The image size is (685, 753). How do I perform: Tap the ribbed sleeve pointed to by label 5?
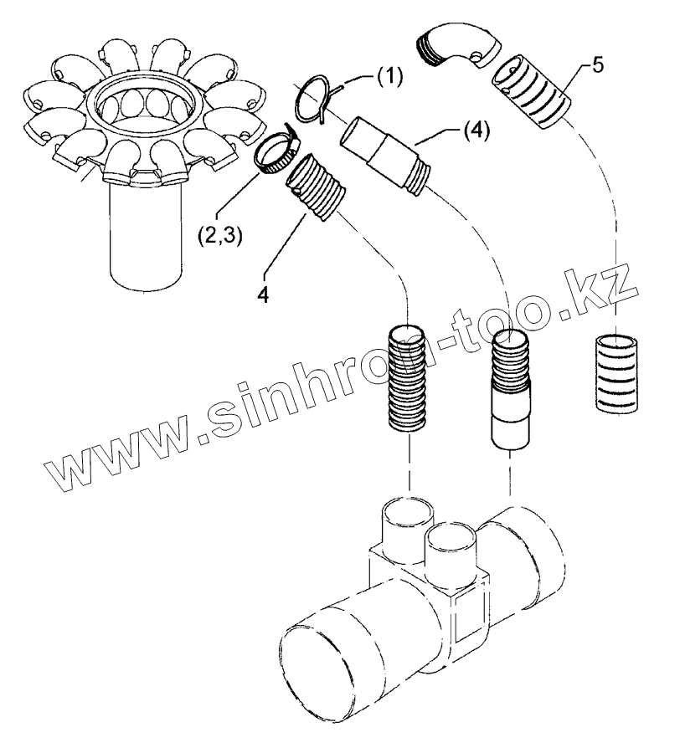coord(533,92)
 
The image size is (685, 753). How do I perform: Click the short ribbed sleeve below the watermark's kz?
coord(617,372)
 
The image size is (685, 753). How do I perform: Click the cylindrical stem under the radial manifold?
coord(147,234)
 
